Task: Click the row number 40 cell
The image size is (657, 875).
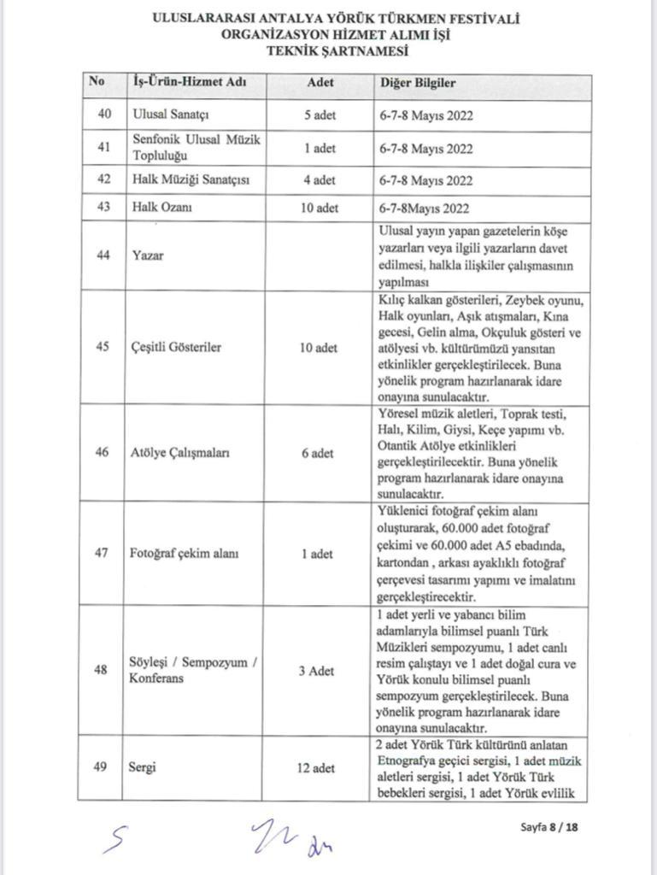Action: pyautogui.click(x=103, y=115)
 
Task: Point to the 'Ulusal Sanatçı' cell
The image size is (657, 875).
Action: pyautogui.click(x=172, y=115)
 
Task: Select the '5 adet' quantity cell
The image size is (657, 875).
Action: pyautogui.click(x=320, y=115)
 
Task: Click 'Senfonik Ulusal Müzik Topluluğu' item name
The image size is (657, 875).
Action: pyautogui.click(x=197, y=147)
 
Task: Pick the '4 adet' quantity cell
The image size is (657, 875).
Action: pyautogui.click(x=320, y=180)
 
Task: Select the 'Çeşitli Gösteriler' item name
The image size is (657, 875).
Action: pyautogui.click(x=177, y=348)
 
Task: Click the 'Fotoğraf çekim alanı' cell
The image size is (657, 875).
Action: pyautogui.click(x=185, y=554)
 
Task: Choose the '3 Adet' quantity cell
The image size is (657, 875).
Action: pyautogui.click(x=320, y=671)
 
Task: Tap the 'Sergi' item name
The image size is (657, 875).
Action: pyautogui.click(x=144, y=767)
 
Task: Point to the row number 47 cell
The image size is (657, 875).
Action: pyautogui.click(x=103, y=554)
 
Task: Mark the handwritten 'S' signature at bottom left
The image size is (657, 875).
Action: pyautogui.click(x=114, y=840)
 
